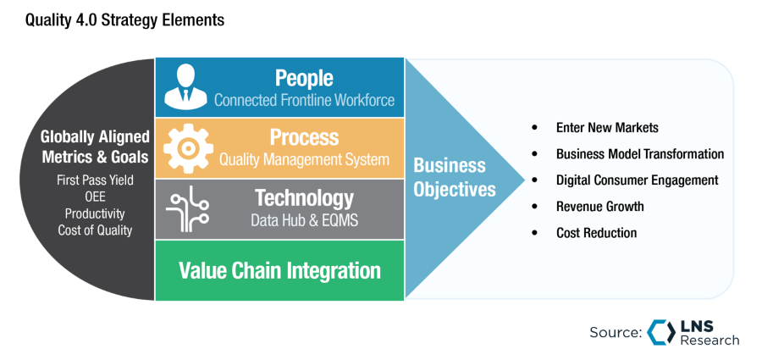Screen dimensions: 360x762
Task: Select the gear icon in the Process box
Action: pos(184,148)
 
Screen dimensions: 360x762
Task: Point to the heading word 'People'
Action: pos(304,78)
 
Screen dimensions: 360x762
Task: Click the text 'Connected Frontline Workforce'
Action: pos(304,100)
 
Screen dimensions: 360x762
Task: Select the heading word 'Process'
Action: pos(304,137)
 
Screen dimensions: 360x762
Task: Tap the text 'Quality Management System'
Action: pos(304,159)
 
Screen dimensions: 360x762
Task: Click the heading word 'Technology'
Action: pos(304,198)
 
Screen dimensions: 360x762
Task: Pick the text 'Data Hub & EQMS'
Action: pos(304,220)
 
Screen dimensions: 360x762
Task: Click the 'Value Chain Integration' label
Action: pos(279,270)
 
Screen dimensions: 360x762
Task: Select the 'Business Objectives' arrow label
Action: pos(455,177)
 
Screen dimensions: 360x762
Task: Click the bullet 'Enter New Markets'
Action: pos(606,128)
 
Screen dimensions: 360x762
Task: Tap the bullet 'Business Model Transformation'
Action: pos(639,154)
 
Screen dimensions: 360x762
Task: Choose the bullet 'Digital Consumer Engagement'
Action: pos(637,180)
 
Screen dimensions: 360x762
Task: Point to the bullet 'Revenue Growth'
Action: pos(599,207)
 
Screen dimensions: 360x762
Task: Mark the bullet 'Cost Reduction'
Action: pos(596,233)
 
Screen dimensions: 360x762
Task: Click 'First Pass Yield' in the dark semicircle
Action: pos(95,181)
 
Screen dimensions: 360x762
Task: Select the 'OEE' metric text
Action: pos(95,197)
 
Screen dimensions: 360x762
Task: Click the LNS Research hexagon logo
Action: pos(660,332)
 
